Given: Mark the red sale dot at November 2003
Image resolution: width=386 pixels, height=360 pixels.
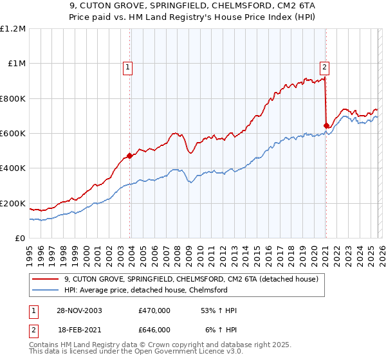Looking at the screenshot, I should (130, 156).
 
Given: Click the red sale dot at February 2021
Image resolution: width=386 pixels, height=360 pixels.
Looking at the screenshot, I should (326, 125).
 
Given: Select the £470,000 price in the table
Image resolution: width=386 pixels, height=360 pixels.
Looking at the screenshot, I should (154, 310).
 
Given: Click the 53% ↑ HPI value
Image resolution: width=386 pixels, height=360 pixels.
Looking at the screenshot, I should (218, 310).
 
